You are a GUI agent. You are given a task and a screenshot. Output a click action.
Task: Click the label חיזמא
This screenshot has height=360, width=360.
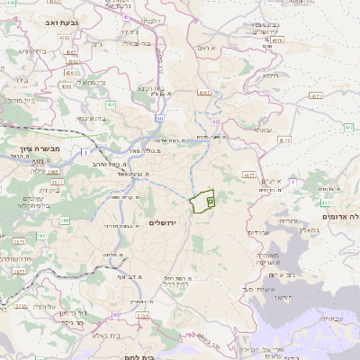click(x=271, y=76)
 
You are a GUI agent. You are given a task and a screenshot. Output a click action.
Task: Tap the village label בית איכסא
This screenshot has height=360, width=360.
click(x=91, y=118)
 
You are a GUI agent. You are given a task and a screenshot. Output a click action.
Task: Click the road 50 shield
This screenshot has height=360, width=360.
click(x=159, y=118)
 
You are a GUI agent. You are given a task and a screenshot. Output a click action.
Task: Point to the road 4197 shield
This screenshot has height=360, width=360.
click(x=205, y=93)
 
